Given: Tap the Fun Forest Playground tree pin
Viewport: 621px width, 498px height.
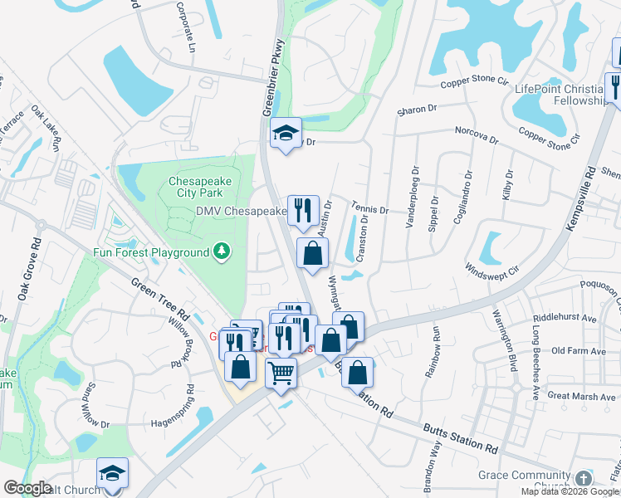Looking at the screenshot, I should coord(221,251).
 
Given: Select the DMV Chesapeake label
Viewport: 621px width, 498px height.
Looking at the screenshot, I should coord(241,212).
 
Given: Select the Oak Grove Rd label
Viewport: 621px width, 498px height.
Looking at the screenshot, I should coord(27,271).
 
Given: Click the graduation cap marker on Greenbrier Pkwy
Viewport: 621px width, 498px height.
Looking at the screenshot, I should coord(286,134).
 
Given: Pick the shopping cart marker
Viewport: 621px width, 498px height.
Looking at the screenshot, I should coord(281,373).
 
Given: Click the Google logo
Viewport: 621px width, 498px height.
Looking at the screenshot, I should coord(27,488).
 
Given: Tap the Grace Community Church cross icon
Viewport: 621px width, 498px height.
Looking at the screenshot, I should coord(584,478).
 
